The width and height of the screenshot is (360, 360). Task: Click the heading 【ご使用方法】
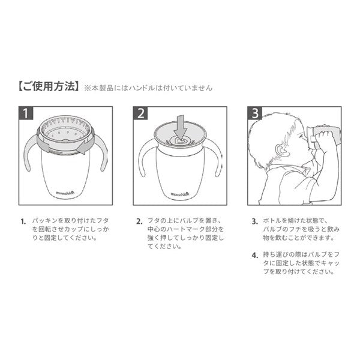coord(49,86)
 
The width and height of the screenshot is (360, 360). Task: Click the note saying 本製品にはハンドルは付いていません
coord(148,88)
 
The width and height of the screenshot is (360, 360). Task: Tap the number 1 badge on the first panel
coord(26,113)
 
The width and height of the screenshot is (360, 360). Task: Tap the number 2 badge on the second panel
coord(140,113)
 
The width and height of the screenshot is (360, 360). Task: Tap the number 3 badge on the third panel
coord(254,113)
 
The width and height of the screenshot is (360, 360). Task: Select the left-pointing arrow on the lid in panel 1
coord(84,147)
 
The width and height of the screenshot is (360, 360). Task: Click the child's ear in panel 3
coord(282,150)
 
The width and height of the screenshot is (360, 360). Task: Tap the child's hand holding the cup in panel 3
coord(324,138)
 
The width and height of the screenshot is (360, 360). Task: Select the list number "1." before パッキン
coord(23,221)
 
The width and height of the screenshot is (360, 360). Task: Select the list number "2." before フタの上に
coord(139,221)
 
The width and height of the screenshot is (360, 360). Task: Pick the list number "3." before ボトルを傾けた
coord(255,221)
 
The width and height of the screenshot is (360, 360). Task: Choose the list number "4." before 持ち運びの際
coord(255,256)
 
